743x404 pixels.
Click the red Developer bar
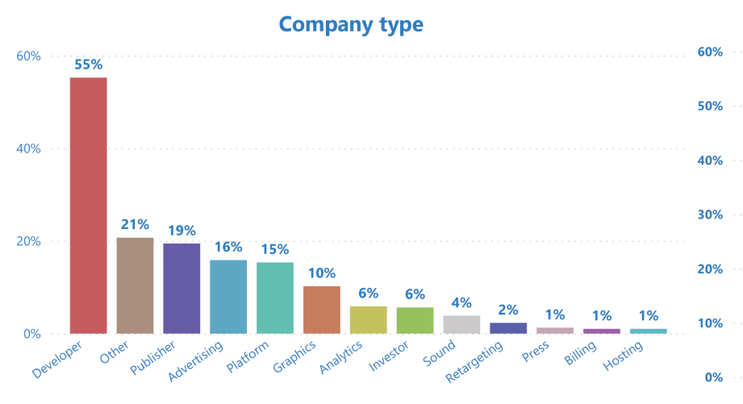(88, 206)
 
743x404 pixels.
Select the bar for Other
(135, 285)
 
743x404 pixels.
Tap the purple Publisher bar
(182, 288)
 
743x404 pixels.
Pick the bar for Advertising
(228, 297)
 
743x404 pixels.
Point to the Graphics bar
(322, 310)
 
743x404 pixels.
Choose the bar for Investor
(415, 320)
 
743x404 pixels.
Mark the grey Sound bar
(461, 324)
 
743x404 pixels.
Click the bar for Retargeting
(508, 328)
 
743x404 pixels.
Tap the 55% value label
(88, 64)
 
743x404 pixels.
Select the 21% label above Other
(135, 224)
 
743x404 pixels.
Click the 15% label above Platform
(275, 249)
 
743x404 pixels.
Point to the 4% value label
(461, 302)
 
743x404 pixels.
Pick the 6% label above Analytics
(369, 294)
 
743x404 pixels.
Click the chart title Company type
(351, 24)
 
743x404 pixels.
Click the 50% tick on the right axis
(708, 106)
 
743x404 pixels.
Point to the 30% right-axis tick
(708, 215)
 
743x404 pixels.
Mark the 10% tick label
(708, 323)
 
